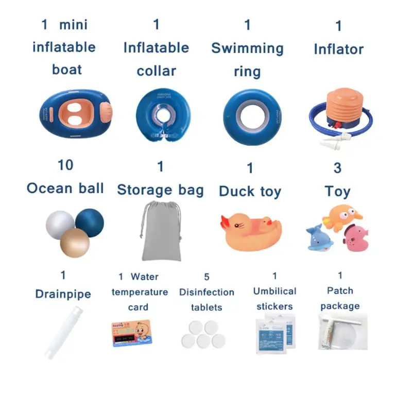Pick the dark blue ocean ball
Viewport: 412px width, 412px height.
pyautogui.click(x=90, y=222)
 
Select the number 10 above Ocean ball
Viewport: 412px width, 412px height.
pyautogui.click(x=65, y=165)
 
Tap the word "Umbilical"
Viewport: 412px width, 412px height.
pyautogui.click(x=274, y=291)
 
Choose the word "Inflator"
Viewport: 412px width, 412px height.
pyautogui.click(x=338, y=49)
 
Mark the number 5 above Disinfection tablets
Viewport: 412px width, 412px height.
pyautogui.click(x=207, y=277)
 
